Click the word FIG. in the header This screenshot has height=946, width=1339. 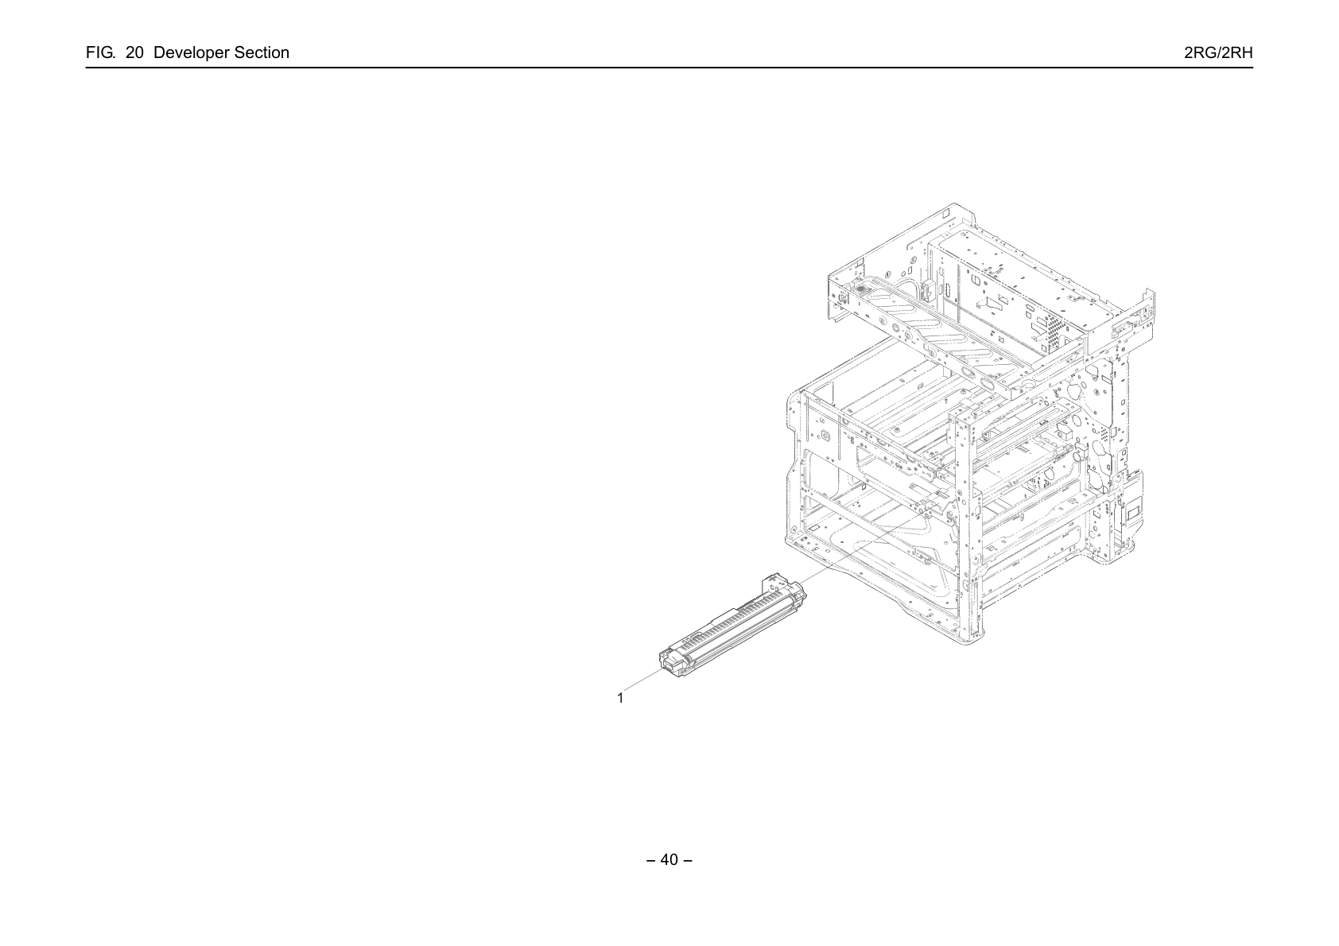[100, 52]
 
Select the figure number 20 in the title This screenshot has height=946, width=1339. [134, 52]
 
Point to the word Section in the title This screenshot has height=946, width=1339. [262, 52]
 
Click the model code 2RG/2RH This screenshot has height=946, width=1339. [1218, 52]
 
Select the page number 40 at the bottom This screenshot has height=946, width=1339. [669, 860]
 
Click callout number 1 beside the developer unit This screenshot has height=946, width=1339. [620, 698]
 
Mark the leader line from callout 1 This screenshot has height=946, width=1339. [643, 679]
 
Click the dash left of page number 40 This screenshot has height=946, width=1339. [651, 861]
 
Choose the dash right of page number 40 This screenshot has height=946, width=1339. [688, 861]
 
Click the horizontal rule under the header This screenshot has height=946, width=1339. [669, 68]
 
